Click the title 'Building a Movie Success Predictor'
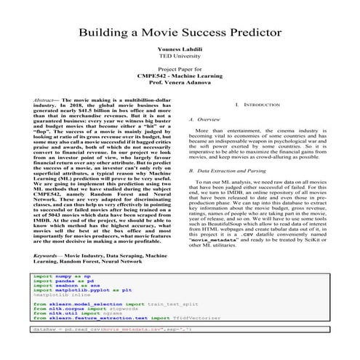pyautogui.click(x=180, y=33)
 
